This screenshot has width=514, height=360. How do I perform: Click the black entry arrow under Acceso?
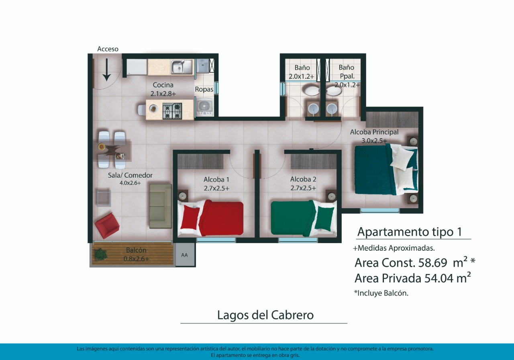(107, 70)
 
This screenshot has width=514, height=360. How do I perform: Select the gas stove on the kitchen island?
(172, 111)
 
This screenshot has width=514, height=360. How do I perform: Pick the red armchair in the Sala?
(107, 225)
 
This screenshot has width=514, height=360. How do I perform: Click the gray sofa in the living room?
(161, 206)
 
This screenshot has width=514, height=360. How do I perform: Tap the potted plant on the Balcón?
(100, 254)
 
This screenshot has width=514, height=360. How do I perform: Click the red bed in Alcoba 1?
(211, 218)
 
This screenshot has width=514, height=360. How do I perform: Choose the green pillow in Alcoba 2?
(324, 218)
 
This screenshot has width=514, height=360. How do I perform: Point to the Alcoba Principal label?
(374, 132)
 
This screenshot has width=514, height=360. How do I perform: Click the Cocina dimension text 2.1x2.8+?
(163, 94)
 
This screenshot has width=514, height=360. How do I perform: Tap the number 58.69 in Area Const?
(433, 263)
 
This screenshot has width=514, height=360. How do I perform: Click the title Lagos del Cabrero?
(265, 315)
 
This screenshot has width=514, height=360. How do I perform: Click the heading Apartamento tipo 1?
(410, 232)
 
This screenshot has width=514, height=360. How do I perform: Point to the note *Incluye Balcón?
(381, 293)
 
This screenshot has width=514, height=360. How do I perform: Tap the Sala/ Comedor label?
(130, 176)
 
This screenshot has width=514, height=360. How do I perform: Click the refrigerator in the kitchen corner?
(137, 67)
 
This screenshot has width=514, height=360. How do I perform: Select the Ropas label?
(204, 90)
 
